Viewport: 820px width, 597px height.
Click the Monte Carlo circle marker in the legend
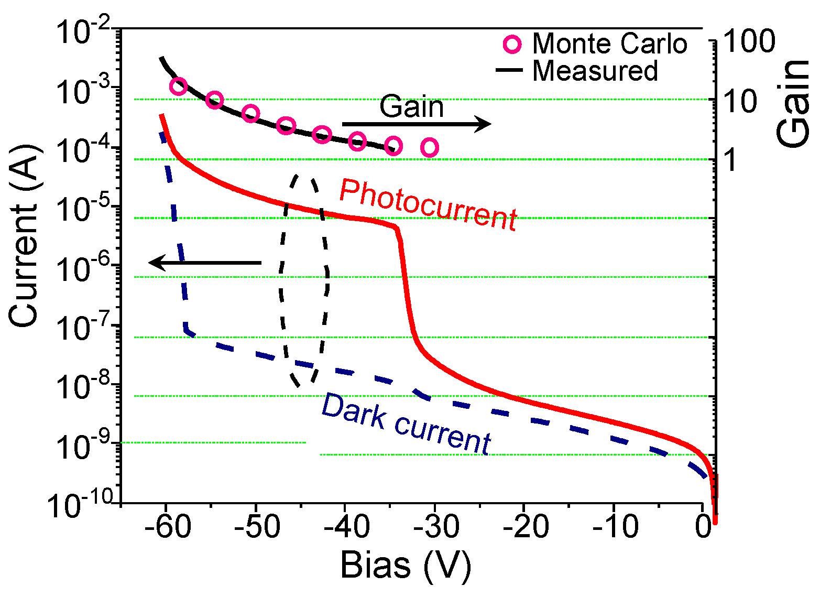tap(512, 45)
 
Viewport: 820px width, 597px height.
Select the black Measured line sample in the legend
tap(509, 70)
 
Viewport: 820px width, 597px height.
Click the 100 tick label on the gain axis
tap(749, 41)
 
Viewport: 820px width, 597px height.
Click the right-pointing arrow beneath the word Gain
tap(417, 124)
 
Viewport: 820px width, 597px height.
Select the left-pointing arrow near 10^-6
tap(205, 262)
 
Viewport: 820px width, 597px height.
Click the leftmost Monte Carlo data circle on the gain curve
tap(179, 86)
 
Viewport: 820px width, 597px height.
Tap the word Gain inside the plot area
tap(411, 107)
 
